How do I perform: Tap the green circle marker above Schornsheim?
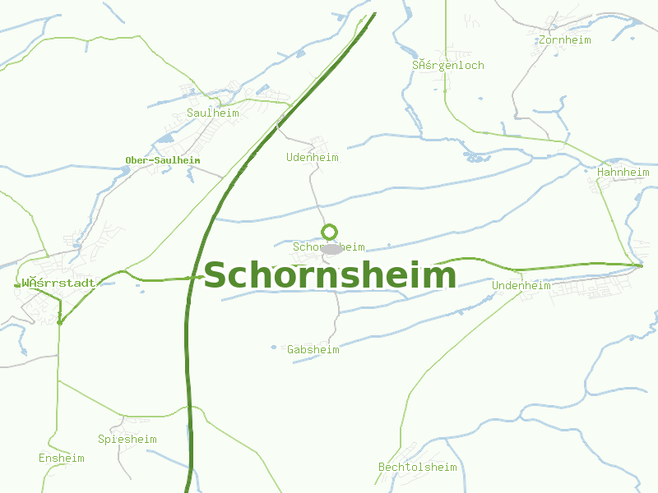[330, 233]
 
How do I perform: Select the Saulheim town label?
[212, 113]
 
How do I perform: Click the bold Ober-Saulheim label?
[163, 160]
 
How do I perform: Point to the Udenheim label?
[312, 157]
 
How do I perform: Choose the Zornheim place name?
[565, 39]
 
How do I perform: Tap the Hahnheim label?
[623, 173]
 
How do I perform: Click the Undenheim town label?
[521, 285]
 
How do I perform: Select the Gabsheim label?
[313, 349]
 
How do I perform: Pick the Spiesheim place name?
[127, 439]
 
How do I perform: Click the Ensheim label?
[62, 458]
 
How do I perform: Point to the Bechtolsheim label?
[417, 468]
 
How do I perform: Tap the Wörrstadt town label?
[58, 283]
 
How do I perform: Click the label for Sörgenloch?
[448, 65]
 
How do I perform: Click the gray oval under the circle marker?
[331, 249]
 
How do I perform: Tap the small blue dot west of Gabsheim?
[274, 348]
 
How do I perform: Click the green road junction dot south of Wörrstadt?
[60, 323]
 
